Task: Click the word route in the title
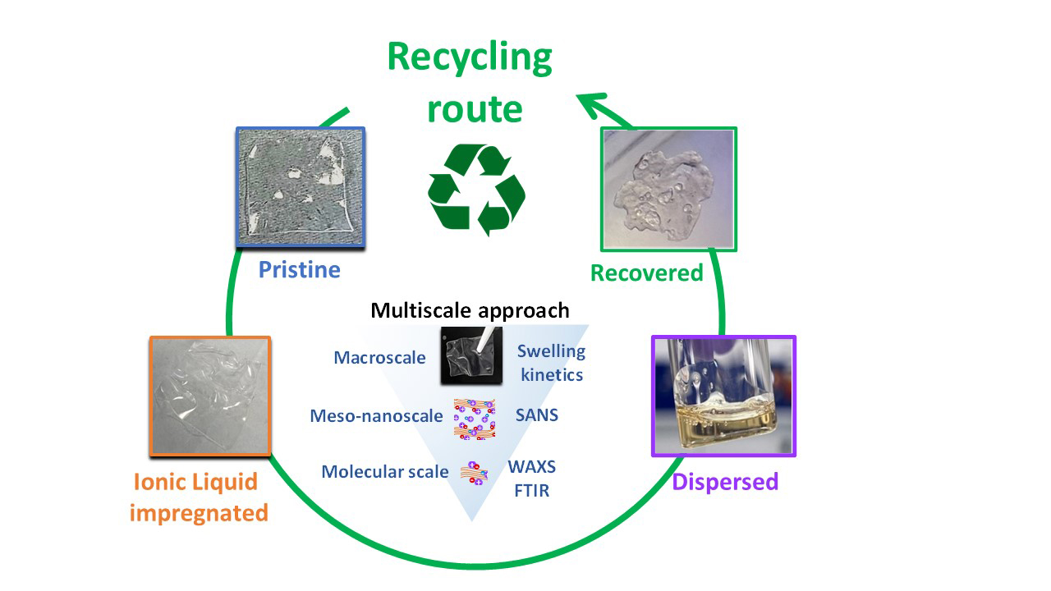point(475,108)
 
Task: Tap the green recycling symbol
point(476,190)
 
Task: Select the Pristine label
point(300,269)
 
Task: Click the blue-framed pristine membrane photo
point(301,187)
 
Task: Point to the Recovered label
point(647,273)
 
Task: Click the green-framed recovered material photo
point(668,189)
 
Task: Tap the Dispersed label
point(725,481)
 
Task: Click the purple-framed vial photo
point(723,396)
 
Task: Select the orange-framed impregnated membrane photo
point(210,396)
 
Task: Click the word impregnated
point(199,513)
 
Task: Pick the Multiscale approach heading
point(470,310)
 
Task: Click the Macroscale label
point(380,358)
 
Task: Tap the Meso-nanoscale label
point(376,416)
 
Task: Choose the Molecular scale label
point(385,472)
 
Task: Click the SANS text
point(537,415)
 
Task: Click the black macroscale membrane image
point(471,357)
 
